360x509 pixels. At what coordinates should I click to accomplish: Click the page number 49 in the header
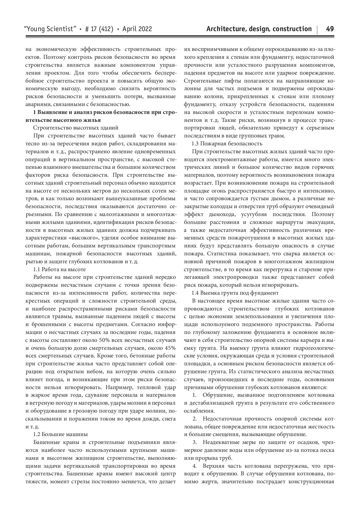pyautogui.click(x=330, y=29)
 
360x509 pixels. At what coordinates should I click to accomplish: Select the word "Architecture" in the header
pyautogui.click(x=225, y=29)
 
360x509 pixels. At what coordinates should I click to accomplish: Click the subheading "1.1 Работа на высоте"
pyautogui.click(x=59, y=269)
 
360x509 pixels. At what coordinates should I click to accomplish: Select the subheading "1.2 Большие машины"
pyautogui.click(x=61, y=434)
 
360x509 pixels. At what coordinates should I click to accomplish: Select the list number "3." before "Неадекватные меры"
pyautogui.click(x=195, y=442)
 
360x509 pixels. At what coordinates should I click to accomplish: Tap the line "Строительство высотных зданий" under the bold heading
pyautogui.click(x=76, y=128)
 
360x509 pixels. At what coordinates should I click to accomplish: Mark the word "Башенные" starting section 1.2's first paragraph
pyautogui.click(x=46, y=442)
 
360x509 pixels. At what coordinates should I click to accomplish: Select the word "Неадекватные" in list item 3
pyautogui.click(x=220, y=442)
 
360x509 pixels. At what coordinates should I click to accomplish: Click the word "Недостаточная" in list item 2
pyautogui.click(x=221, y=418)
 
